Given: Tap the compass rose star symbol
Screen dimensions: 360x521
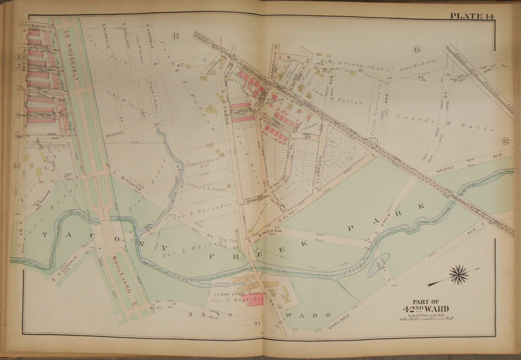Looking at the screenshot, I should click(x=459, y=275).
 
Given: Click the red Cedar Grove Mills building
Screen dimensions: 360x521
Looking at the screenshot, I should click(x=255, y=299).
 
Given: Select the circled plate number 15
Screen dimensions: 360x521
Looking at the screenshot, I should click(x=417, y=49).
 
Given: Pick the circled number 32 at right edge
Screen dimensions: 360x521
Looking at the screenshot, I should click(x=505, y=141).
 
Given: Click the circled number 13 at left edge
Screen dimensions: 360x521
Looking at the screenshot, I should click(x=17, y=165).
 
